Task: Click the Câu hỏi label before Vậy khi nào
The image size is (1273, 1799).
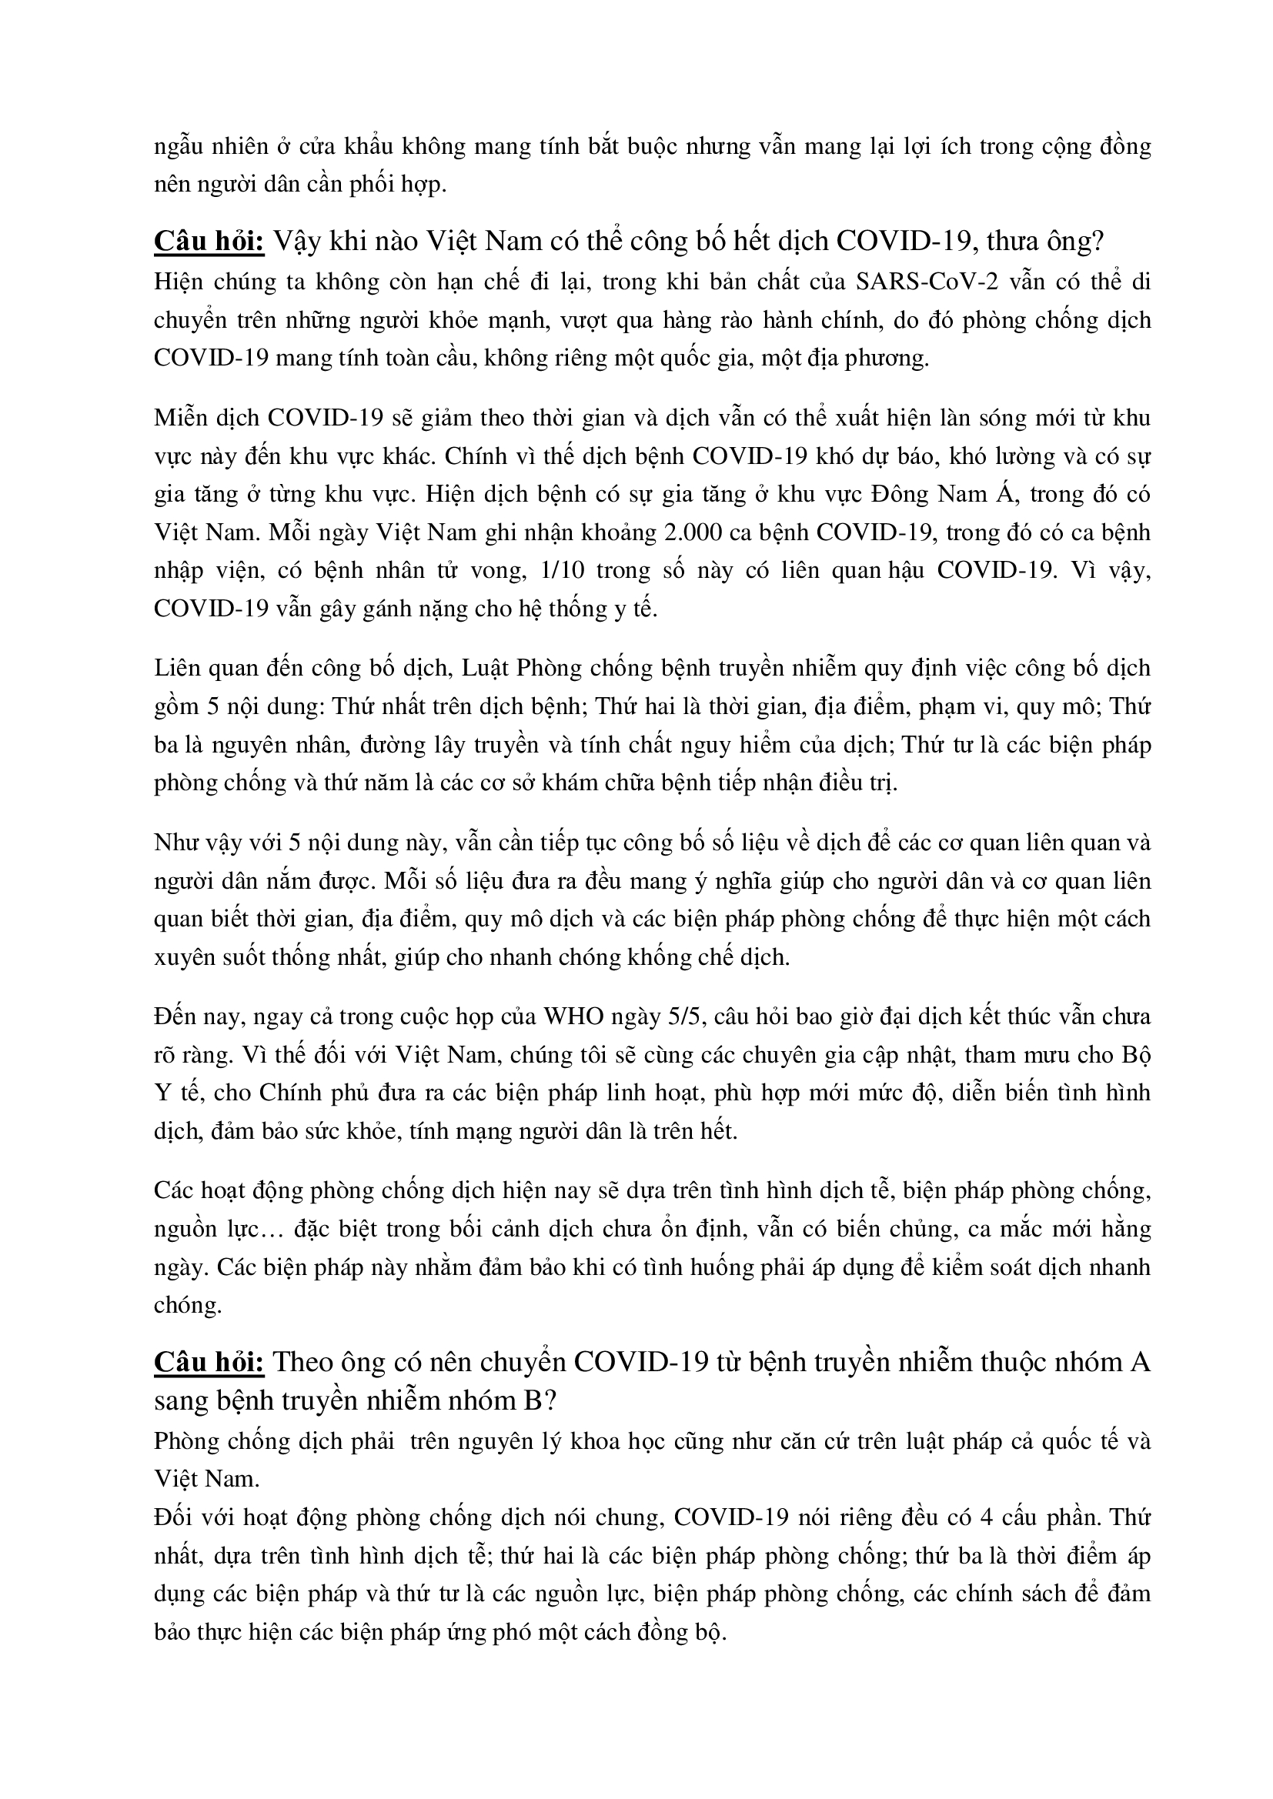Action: [x=209, y=241]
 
